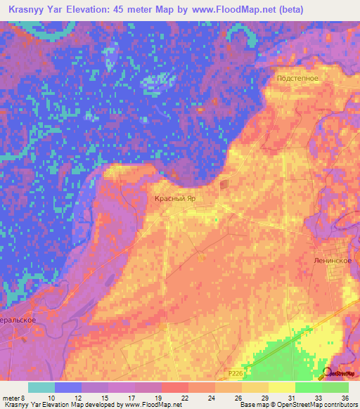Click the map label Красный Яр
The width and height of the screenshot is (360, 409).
pyautogui.click(x=174, y=199)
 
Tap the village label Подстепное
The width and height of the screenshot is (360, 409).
pyautogui.click(x=298, y=79)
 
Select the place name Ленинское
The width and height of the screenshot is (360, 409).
pyautogui.click(x=333, y=259)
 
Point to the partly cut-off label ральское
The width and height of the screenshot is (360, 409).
pyautogui.click(x=22, y=318)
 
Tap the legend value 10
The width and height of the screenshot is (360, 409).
pyautogui.click(x=50, y=397)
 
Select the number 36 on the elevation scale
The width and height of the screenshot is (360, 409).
pyautogui.click(x=345, y=397)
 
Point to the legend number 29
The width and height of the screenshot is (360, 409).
pyautogui.click(x=264, y=397)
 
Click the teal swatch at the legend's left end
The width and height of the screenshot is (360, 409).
pyautogui.click(x=41, y=387)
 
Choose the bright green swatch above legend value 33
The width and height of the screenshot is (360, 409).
pyautogui.click(x=308, y=387)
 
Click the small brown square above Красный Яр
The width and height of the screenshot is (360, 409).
pyautogui.click(x=224, y=185)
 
